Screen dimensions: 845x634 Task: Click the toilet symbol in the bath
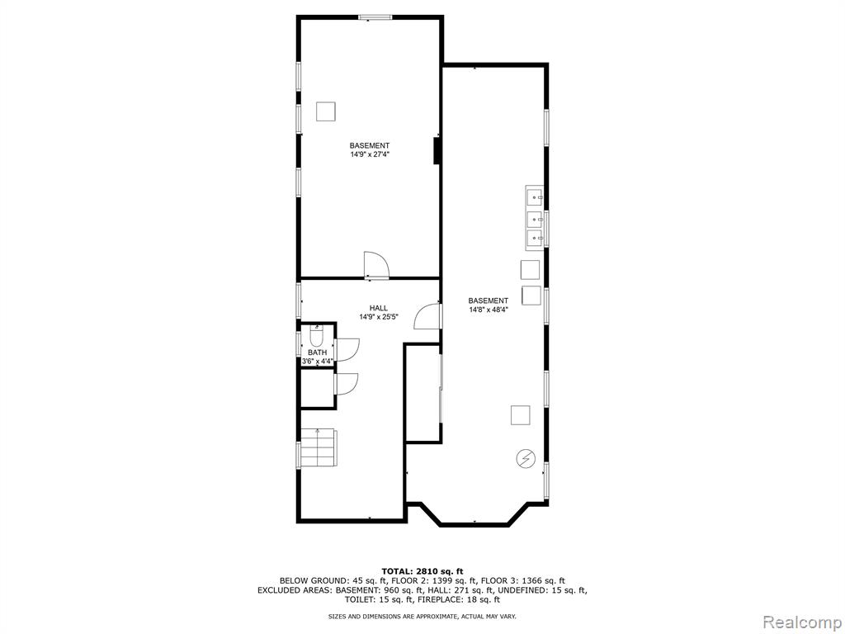[316, 337]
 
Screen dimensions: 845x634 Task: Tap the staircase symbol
[318, 447]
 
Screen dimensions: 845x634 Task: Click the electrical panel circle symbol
[526, 458]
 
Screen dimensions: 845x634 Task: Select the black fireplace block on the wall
[437, 150]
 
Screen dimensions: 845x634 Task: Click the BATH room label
[318, 352]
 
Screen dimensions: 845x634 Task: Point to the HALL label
[378, 309]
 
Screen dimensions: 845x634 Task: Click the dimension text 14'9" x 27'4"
[370, 154]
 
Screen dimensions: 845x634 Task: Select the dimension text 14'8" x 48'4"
[489, 310]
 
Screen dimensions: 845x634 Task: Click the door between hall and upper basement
[375, 266]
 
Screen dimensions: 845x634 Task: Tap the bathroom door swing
[347, 348]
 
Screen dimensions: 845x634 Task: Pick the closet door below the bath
[346, 383]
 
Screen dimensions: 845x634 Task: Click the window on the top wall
[375, 17]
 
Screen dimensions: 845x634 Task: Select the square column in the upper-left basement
[325, 111]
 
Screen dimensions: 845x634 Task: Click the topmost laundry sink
[535, 198]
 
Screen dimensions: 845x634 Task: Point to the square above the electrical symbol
[520, 415]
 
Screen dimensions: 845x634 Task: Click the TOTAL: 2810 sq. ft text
[422, 571]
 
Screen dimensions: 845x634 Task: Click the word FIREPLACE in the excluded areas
[443, 599]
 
